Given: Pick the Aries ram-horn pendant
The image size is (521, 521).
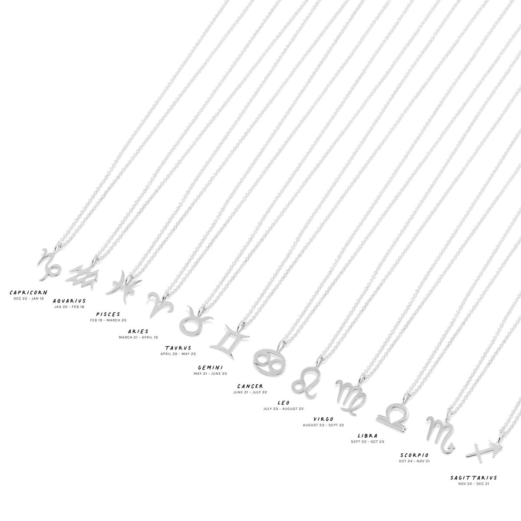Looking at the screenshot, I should [160, 303].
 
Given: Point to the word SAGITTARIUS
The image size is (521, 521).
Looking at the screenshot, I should [473, 478].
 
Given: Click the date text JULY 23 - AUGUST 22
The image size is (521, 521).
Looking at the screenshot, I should [284, 409].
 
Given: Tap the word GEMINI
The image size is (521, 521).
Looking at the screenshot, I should [210, 367].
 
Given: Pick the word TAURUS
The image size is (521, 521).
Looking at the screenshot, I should [178, 348].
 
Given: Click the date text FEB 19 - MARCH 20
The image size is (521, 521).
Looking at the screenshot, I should [108, 320].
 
